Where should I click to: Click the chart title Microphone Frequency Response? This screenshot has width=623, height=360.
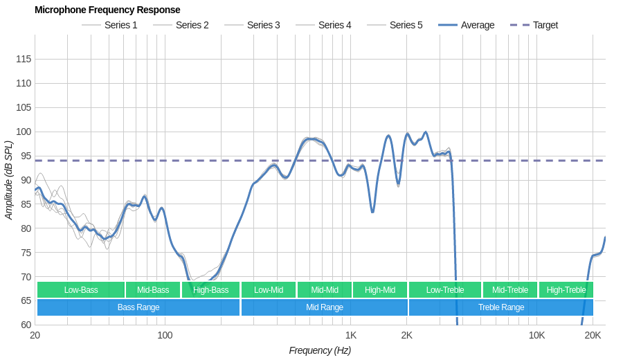[x=107, y=10]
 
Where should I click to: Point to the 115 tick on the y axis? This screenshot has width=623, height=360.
[x=24, y=59]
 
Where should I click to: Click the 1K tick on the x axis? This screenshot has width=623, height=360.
[x=351, y=335]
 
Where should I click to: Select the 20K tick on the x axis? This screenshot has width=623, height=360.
[x=593, y=335]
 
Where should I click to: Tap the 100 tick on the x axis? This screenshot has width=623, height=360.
[x=165, y=335]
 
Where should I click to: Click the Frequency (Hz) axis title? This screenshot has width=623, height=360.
[x=320, y=350]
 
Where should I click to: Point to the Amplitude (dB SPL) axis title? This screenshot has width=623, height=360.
[x=9, y=180]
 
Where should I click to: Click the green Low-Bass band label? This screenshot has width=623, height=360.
[x=81, y=290]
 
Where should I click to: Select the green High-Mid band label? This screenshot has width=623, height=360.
[x=380, y=290]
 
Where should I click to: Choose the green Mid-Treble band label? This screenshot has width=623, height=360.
[x=510, y=290]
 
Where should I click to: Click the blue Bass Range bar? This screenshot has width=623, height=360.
[x=138, y=307]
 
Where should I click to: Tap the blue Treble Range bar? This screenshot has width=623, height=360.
[x=501, y=307]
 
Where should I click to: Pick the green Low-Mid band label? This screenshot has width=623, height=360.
[x=269, y=290]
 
